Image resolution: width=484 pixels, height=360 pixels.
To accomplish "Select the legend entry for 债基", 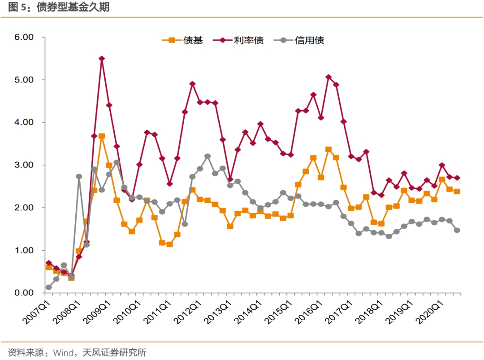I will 182,40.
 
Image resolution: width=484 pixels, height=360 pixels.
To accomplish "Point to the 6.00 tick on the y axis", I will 24,37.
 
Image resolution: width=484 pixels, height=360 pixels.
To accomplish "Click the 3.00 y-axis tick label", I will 24,165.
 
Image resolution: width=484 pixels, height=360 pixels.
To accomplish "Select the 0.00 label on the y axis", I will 24,293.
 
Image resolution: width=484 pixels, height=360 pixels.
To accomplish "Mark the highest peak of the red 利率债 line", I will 102,59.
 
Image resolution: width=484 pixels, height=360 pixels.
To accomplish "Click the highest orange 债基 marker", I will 102,136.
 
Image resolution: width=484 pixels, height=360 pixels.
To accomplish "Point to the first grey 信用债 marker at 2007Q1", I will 48,287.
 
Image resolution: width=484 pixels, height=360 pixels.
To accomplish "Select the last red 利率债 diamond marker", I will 457,178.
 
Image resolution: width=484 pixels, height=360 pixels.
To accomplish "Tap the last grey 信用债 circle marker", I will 457,230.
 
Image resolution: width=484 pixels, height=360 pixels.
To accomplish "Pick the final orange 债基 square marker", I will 457,191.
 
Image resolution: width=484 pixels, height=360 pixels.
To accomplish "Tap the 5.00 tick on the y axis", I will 24,80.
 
